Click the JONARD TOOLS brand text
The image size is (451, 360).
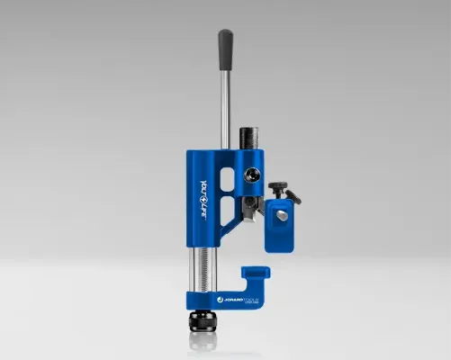(242, 294)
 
